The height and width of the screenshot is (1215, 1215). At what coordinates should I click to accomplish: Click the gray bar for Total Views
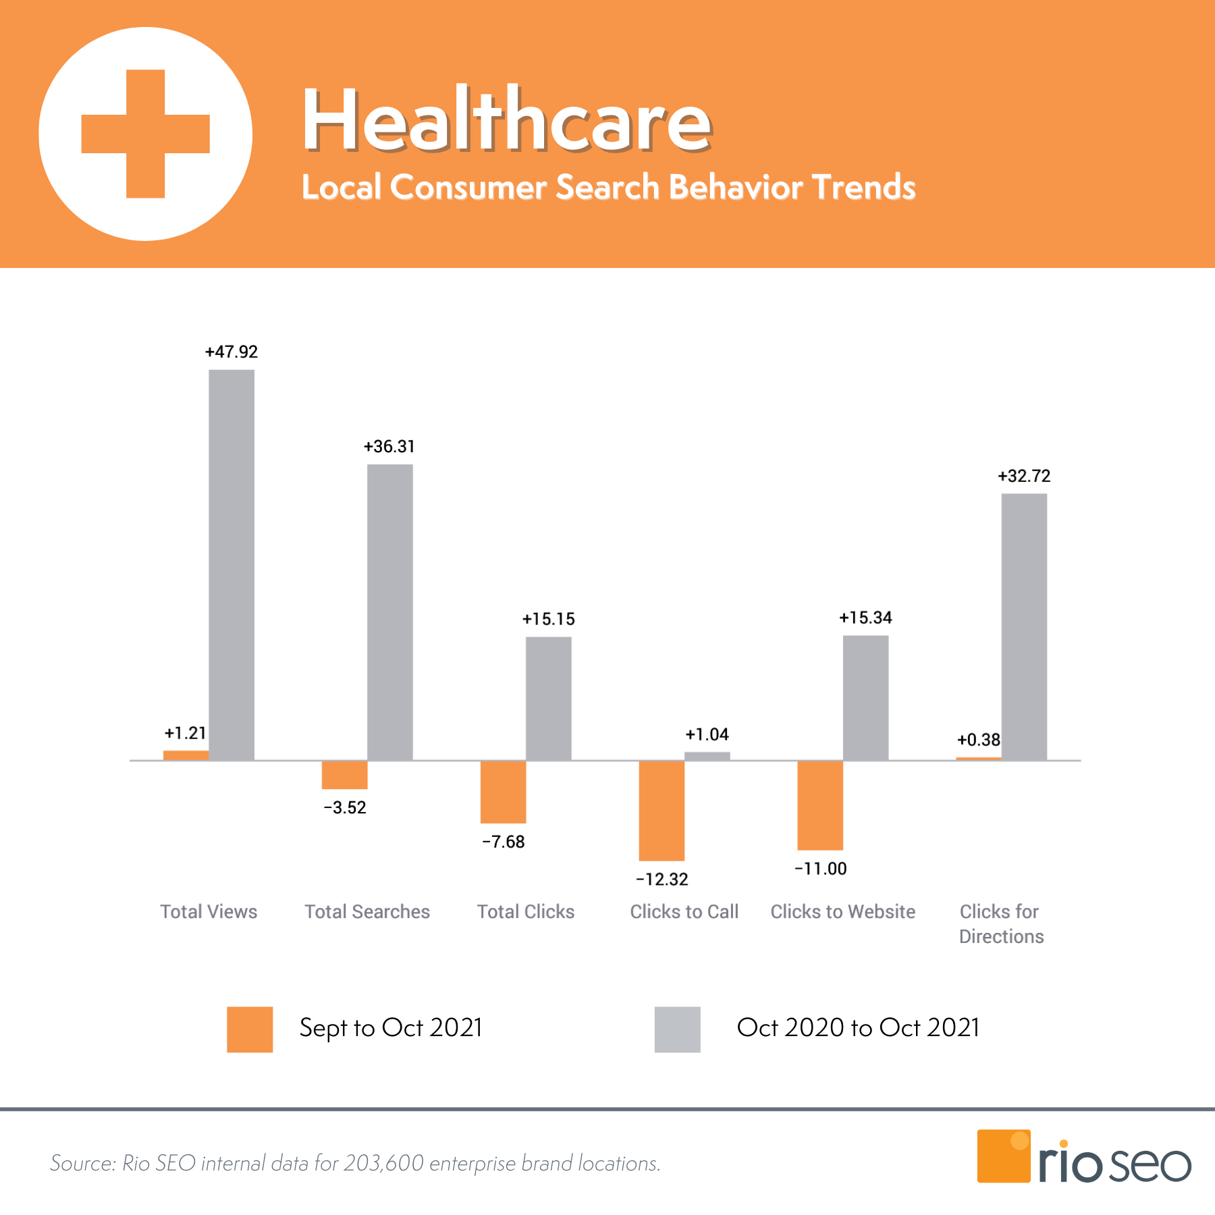click(x=232, y=565)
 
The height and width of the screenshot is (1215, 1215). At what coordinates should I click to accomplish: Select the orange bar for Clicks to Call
click(x=661, y=810)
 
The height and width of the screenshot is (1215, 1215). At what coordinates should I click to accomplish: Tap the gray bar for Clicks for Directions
click(x=1024, y=626)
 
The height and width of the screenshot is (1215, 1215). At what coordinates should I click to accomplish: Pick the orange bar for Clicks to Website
click(x=820, y=805)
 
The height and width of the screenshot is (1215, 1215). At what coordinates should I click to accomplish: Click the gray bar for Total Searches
click(x=390, y=612)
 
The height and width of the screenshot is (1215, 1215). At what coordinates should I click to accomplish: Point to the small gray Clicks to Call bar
click(x=707, y=756)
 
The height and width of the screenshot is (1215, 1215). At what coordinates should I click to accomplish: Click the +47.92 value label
click(x=232, y=352)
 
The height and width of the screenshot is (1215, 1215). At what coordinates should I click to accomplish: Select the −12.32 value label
click(x=661, y=880)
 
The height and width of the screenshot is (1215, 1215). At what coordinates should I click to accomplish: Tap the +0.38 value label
click(x=978, y=740)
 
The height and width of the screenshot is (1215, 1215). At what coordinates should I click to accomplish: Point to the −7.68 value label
click(x=503, y=842)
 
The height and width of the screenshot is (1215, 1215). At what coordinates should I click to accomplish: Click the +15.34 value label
click(x=865, y=618)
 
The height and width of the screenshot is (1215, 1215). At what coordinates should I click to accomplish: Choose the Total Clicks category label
click(x=526, y=912)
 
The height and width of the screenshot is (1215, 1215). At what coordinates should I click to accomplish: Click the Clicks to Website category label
click(x=843, y=912)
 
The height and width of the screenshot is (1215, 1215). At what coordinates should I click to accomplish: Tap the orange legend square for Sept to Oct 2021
click(x=250, y=1029)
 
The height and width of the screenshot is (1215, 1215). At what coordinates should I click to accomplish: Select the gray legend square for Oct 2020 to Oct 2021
click(x=677, y=1029)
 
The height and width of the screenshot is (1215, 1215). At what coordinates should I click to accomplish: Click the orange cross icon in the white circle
click(x=146, y=134)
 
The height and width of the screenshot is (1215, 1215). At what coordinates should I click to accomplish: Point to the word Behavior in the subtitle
click(x=736, y=187)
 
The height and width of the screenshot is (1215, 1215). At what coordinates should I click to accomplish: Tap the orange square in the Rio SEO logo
click(x=1003, y=1156)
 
